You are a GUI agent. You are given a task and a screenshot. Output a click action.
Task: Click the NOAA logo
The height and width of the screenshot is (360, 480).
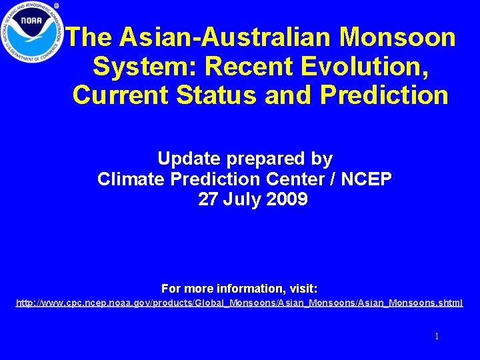[31, 31]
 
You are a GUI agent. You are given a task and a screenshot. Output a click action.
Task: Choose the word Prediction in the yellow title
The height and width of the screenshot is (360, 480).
[384, 95]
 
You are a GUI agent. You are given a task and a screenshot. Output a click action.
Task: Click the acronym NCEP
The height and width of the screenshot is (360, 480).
[366, 179]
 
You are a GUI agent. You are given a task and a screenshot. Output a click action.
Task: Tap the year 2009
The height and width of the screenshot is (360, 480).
[287, 199]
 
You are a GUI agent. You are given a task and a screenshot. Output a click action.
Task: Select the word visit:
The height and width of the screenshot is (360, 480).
[303, 289]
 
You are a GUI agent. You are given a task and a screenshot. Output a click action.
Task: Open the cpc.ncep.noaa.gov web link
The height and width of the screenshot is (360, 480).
[239, 303]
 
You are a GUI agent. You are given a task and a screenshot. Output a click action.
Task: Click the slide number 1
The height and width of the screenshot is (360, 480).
[437, 337]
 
